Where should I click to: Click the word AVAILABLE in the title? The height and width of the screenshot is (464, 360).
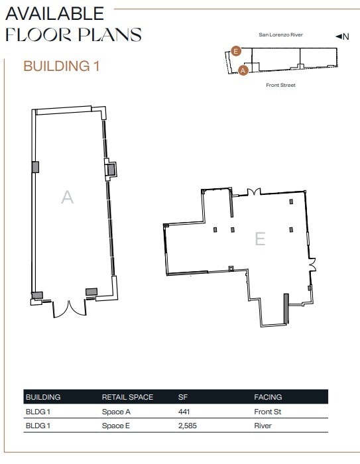point(55,13)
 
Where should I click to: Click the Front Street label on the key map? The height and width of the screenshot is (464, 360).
point(280,86)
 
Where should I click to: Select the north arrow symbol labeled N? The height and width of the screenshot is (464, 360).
point(341,36)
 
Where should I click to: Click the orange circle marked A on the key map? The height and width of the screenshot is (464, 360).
point(243,70)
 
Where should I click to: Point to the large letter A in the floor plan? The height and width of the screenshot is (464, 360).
point(67,197)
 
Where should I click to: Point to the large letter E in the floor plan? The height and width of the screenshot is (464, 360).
point(260,239)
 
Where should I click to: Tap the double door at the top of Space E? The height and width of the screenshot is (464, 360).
point(252,192)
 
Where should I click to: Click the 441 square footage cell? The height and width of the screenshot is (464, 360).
point(184,412)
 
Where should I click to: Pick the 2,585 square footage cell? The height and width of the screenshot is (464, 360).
point(188,426)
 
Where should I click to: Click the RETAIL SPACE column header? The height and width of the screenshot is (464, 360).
point(127,397)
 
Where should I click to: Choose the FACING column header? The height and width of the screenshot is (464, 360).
point(268,397)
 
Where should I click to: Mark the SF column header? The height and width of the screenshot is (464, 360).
point(182,397)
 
